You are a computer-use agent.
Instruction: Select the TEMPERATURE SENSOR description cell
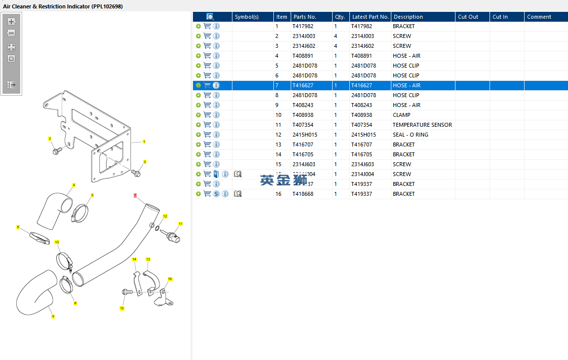[422, 125]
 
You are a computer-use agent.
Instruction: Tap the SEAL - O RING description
[410, 135]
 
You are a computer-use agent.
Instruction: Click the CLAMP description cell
[401, 115]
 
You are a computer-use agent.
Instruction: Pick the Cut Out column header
[468, 17]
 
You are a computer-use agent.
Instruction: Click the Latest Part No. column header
[370, 17]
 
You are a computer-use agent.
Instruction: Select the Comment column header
[539, 17]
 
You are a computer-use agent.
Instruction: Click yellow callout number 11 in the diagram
[180, 224]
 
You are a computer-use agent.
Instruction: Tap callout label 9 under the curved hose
[53, 316]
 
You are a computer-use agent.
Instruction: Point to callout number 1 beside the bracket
[144, 142]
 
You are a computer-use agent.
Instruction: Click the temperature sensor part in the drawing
[171, 235]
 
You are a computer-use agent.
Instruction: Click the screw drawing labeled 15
[127, 292]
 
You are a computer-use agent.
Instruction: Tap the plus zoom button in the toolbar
[11, 22]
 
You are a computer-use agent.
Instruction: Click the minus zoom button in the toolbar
[11, 34]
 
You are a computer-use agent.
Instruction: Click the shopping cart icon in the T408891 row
[207, 56]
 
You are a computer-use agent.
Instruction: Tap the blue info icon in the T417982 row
[216, 26]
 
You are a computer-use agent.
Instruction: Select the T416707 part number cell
[303, 144]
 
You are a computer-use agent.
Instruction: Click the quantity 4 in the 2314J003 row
[336, 36]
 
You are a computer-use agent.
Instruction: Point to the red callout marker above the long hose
[135, 195]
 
